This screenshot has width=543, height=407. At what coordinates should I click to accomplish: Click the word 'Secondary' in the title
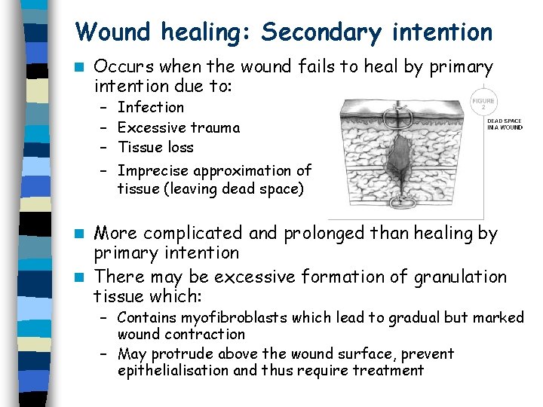coord(322,32)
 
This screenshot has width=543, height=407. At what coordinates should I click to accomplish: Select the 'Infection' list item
coord(151,108)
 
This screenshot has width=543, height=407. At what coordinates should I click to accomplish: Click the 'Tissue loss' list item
coord(155,147)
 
